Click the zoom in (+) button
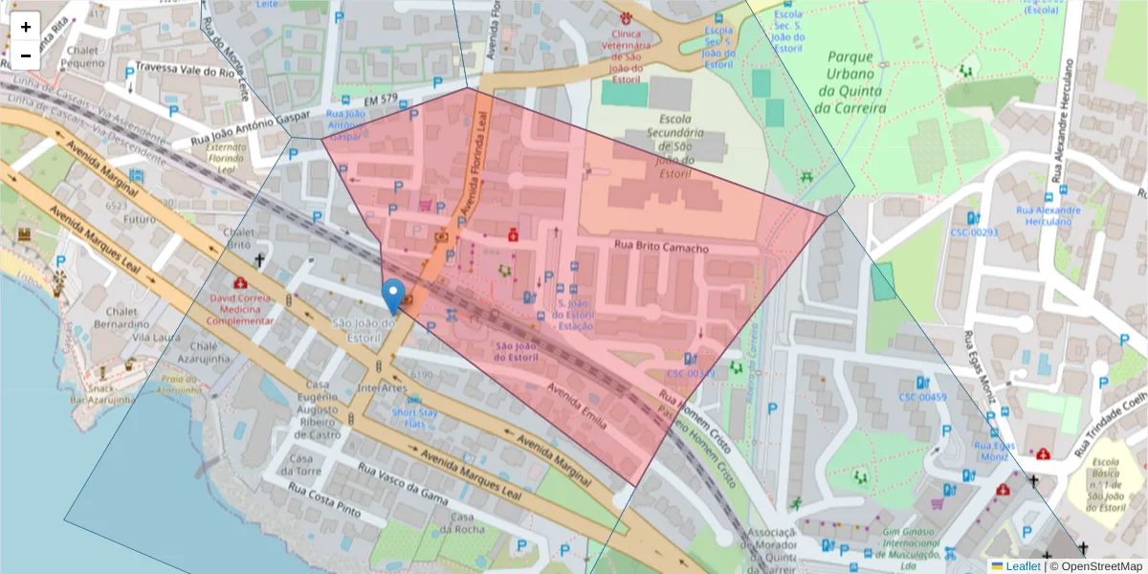click(26, 27)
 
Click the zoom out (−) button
click(26, 55)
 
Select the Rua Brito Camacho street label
click(661, 249)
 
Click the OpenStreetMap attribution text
click(1097, 566)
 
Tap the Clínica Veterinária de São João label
click(626, 49)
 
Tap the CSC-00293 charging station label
click(974, 232)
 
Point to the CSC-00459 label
click(922, 397)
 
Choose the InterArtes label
click(383, 388)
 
